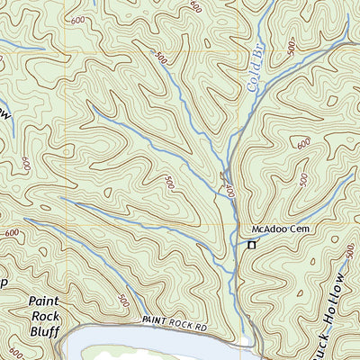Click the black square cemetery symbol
point(252,244)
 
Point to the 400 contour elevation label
point(229,191)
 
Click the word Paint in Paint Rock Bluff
point(44,301)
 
